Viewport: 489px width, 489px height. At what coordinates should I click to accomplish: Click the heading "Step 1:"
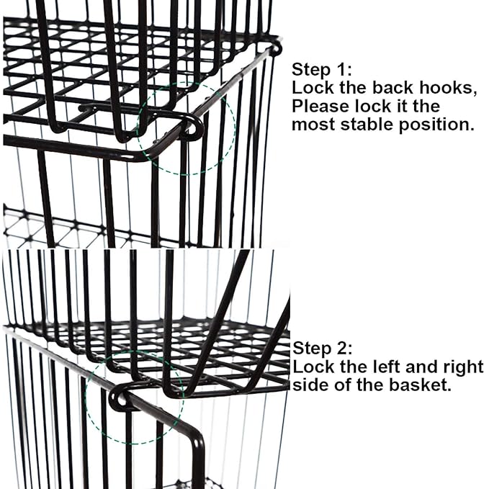322,70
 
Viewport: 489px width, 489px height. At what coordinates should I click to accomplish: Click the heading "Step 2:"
322,349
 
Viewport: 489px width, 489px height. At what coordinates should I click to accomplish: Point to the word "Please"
318,107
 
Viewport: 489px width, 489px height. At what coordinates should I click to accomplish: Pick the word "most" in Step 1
310,124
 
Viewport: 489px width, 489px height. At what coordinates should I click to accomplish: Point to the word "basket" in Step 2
422,385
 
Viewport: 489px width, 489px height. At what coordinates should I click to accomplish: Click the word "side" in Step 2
309,385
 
